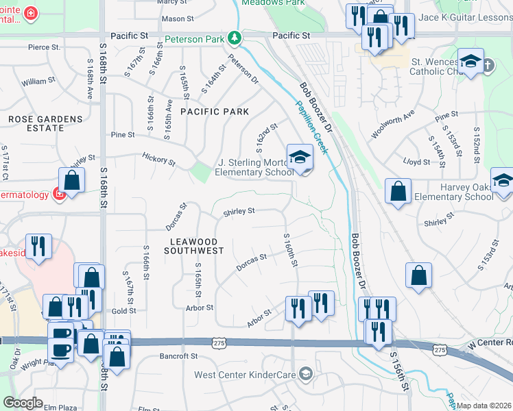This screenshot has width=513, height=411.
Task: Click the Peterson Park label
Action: click(194, 39)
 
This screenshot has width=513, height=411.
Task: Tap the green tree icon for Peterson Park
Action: click(235, 36)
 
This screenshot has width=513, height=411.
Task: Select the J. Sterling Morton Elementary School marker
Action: click(300, 159)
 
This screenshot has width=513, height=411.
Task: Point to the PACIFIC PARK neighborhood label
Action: click(215, 111)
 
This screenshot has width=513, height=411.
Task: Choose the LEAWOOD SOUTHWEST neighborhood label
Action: click(194, 247)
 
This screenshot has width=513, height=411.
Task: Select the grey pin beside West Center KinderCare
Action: click(306, 374)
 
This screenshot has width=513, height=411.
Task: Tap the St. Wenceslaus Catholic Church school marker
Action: click(471, 64)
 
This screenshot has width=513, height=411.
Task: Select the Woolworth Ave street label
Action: click(392, 125)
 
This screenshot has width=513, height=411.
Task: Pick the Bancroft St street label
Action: click(178, 356)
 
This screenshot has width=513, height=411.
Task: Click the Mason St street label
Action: click(178, 18)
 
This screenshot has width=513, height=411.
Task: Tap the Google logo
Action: click(23, 403)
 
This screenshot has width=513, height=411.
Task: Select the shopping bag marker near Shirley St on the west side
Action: click(71, 181)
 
